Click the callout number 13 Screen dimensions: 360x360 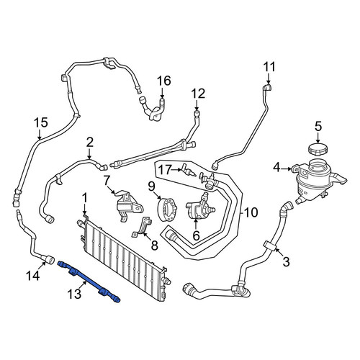point(74,294)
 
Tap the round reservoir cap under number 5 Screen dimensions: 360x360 point(318,149)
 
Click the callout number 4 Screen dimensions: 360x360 point(276,167)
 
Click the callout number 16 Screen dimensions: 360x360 point(164,81)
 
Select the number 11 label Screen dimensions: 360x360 point(269,67)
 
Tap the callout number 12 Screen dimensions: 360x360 point(198,94)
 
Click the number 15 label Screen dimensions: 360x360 point(41,122)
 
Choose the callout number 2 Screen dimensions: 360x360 point(89,143)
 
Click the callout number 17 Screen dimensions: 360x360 point(165,170)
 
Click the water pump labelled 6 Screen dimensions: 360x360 point(199,208)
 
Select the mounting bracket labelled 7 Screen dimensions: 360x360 point(128,206)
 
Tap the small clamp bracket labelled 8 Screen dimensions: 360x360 point(142,228)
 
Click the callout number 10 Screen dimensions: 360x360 point(251,212)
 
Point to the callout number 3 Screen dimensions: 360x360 point(286,261)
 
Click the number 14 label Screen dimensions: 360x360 point(33,276)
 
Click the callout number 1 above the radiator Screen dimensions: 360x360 point(84,199)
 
